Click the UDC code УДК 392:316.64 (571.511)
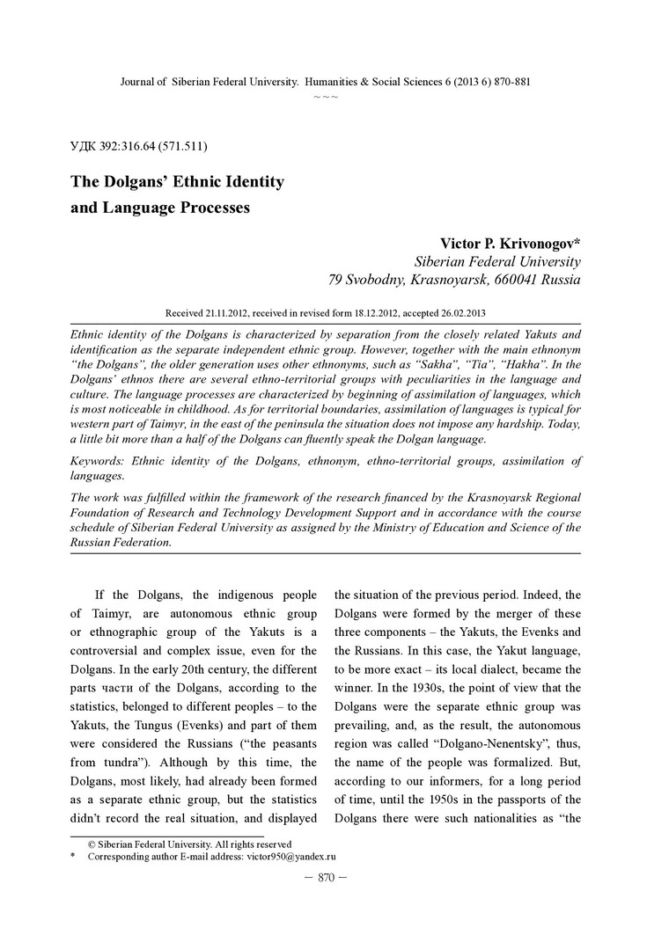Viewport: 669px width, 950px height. pos(138,145)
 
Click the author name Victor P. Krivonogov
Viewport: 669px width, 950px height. pos(510,243)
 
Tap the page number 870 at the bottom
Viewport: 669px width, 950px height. pos(326,877)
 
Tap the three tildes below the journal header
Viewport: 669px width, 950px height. pos(326,95)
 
